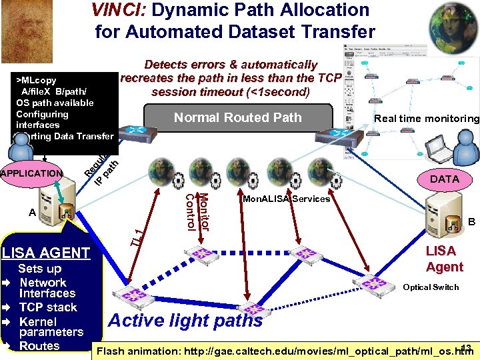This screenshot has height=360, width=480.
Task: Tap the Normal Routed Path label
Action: coord(237,118)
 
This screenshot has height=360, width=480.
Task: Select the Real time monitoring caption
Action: coord(427,119)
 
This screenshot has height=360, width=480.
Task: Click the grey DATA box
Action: coord(444,179)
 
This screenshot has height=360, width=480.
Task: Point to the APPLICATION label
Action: coord(31,174)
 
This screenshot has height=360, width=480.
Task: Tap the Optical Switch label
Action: coord(431,287)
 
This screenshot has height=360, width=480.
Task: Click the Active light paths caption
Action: coord(185,321)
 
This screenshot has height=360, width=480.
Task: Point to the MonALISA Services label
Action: coord(286,199)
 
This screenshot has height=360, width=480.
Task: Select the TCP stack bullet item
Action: coord(48,307)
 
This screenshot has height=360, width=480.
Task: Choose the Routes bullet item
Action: coord(39,346)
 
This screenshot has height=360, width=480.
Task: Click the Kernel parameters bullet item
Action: coord(51,327)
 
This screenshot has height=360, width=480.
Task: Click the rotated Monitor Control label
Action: coord(198,212)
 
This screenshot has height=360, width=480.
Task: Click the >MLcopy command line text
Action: coord(37,80)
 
